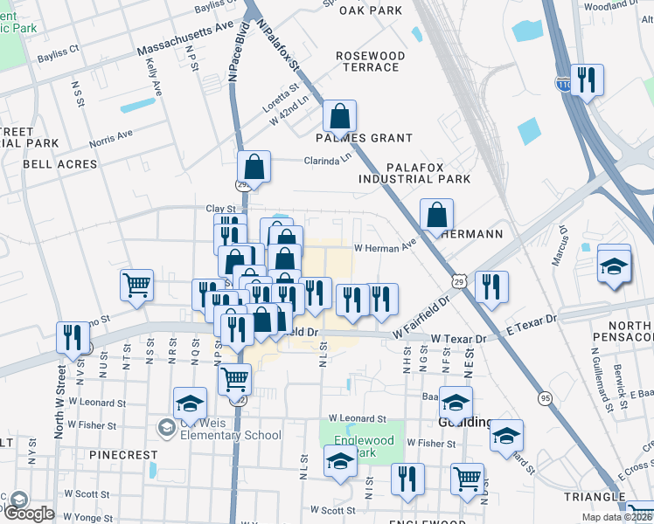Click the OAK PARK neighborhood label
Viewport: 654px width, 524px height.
pos(370,10)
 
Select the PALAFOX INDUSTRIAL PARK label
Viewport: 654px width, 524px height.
pos(414,172)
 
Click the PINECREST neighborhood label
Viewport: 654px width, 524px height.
pos(123,455)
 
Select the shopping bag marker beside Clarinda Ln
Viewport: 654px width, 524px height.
pos(254,166)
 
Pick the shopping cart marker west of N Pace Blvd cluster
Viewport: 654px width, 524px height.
pos(136,285)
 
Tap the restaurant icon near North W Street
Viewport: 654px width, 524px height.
pos(73,337)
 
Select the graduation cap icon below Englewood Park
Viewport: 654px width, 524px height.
pos(340,462)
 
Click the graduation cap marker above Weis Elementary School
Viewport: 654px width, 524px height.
pos(190,403)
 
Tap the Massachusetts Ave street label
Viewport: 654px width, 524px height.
pos(181,40)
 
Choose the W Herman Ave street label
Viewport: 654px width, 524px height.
pos(385,248)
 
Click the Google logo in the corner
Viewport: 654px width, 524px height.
pos(28,514)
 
